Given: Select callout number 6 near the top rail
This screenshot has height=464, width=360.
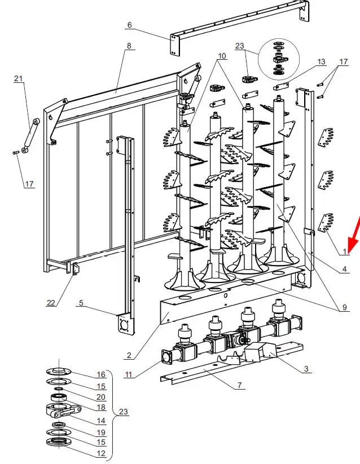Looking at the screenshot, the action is tap(129, 25).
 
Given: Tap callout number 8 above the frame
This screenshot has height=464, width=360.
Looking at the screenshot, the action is tap(129, 46).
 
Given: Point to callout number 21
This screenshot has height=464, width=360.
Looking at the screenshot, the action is tap(19, 78).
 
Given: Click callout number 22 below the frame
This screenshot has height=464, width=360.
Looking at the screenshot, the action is tap(51, 303).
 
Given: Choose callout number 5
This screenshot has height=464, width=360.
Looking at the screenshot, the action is tap(81, 303).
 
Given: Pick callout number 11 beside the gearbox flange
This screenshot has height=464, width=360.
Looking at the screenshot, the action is tap(128, 374).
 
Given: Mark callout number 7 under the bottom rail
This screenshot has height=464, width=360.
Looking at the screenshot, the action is tap(239, 385).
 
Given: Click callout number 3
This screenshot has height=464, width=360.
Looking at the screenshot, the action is tap(306, 369).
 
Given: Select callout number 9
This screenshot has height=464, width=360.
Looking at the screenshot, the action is tap(344, 307).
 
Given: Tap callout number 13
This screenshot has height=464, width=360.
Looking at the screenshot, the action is tap(321, 61).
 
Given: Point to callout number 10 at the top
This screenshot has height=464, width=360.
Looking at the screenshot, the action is tap(222, 56).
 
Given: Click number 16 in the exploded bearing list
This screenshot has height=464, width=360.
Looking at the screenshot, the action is tap(101, 374).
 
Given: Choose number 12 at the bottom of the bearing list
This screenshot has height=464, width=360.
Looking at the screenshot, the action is tap(101, 453).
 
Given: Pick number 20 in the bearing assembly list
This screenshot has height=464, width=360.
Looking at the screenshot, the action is tap(101, 397).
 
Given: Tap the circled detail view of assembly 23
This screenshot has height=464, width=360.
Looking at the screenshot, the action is tap(279, 59).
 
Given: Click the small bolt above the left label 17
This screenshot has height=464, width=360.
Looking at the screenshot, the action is tap(16, 153).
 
